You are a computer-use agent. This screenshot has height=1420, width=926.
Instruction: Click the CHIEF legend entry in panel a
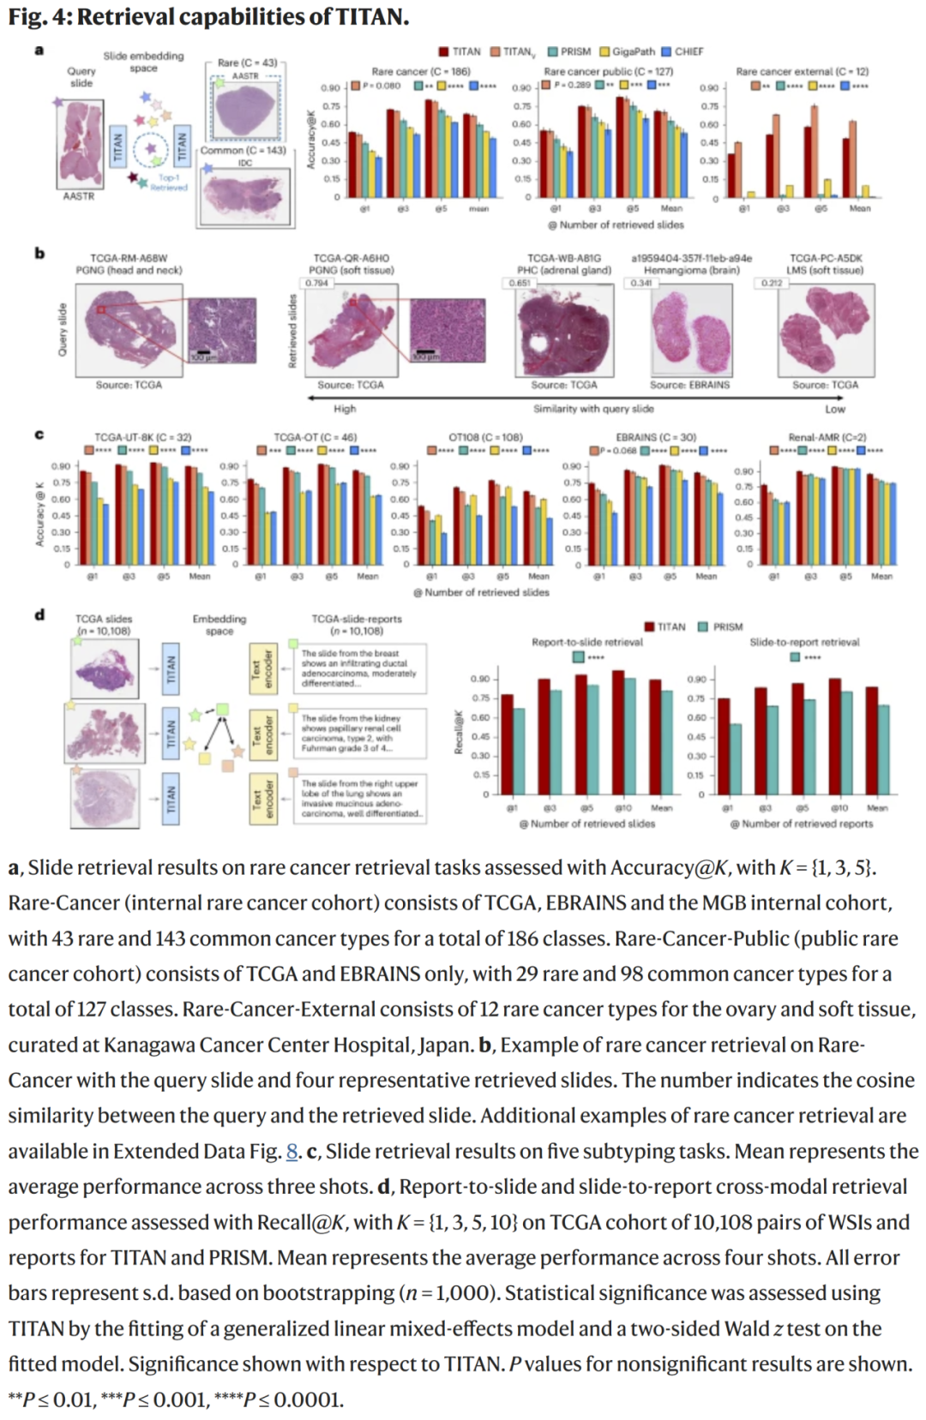683,51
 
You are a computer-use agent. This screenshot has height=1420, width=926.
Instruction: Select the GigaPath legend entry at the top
628,51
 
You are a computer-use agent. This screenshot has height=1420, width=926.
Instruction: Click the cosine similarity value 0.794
317,283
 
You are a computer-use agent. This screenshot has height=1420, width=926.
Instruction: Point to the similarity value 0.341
640,283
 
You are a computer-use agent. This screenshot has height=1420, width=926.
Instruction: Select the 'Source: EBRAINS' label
690,385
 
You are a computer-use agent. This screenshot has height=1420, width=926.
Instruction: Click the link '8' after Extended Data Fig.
292,1151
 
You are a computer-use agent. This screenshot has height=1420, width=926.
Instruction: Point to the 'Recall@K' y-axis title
458,733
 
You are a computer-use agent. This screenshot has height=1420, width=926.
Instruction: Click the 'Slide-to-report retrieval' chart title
804,642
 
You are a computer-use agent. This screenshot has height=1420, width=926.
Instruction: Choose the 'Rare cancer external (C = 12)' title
802,72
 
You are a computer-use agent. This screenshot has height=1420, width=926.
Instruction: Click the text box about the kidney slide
363,734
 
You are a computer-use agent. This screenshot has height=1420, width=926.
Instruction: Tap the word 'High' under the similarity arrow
345,409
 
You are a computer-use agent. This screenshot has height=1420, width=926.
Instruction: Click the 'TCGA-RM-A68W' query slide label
129,258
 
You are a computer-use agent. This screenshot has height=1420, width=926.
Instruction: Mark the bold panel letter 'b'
39,253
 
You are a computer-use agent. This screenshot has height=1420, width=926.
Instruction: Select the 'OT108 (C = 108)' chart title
485,437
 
